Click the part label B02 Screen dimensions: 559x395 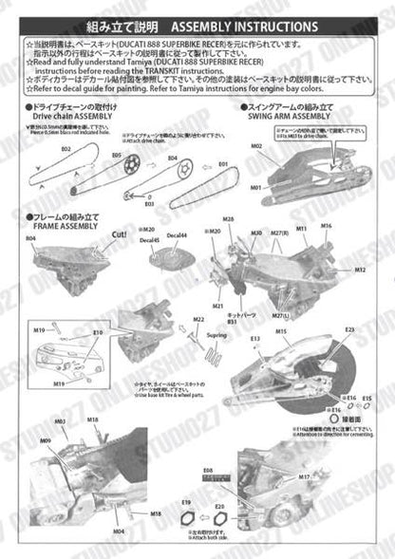40,150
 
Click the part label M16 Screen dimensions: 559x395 327,227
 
